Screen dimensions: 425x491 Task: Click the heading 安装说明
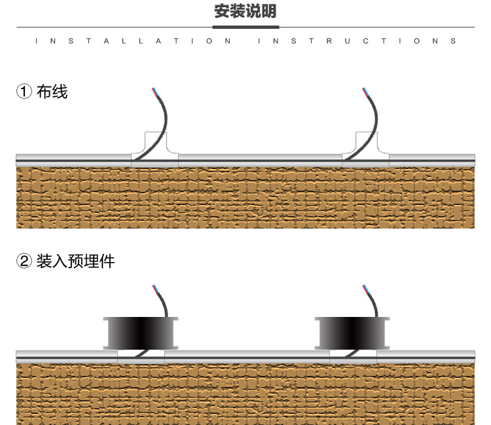(x=245, y=11)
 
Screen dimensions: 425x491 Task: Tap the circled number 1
(x=24, y=92)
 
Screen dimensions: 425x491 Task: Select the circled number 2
(x=24, y=262)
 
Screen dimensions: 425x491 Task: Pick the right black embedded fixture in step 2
(x=352, y=332)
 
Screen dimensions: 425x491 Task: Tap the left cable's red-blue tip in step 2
(x=154, y=287)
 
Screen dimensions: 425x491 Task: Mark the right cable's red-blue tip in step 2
(x=365, y=287)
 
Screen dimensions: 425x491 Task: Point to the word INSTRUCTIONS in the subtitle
(x=357, y=41)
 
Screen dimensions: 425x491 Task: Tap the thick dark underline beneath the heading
(x=246, y=27)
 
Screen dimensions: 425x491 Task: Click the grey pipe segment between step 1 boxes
(x=260, y=158)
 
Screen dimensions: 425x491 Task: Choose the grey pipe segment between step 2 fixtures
(x=247, y=355)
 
